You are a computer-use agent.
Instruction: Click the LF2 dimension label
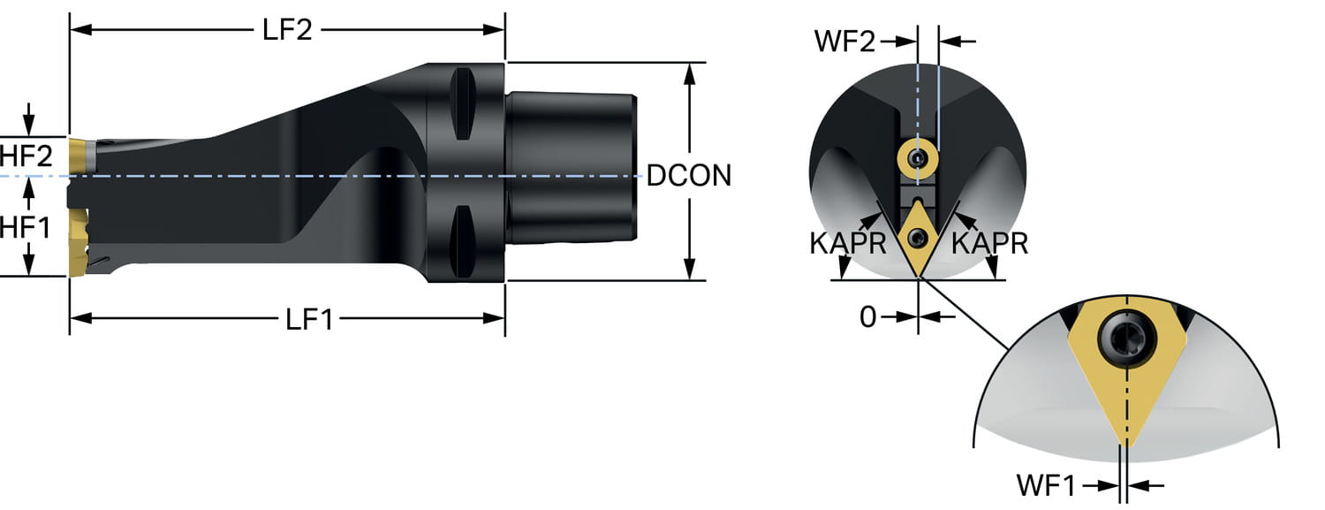[x=287, y=29]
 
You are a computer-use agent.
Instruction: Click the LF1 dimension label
[x=310, y=319]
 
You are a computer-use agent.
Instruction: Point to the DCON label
[x=689, y=175]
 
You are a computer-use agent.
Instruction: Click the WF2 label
[x=845, y=41]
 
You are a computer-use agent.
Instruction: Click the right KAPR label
[x=993, y=243]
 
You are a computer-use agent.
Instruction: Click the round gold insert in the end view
[x=918, y=159]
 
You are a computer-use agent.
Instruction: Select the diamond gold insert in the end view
[x=919, y=237]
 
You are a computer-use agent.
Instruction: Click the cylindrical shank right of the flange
[x=570, y=168]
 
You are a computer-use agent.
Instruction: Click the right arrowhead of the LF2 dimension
[x=496, y=29]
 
